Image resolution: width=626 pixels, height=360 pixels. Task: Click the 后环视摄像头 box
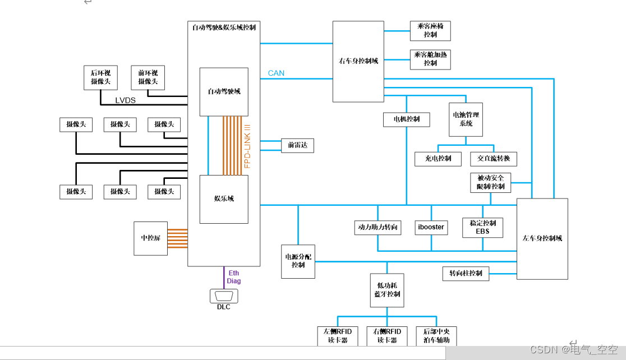pyautogui.click(x=100, y=77)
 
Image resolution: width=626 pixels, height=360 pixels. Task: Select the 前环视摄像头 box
pyautogui.click(x=148, y=77)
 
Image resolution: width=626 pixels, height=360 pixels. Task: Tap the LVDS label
pyautogui.click(x=126, y=100)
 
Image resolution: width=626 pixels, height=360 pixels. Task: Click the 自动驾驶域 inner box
pyautogui.click(x=224, y=91)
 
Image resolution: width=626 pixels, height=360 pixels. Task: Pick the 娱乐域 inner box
pyautogui.click(x=224, y=199)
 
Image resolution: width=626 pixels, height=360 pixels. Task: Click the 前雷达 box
pyautogui.click(x=297, y=145)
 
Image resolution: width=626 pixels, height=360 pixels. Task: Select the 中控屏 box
pyautogui.click(x=150, y=238)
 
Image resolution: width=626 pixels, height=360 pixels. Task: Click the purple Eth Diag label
pyautogui.click(x=234, y=277)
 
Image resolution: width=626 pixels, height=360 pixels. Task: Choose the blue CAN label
pyautogui.click(x=276, y=73)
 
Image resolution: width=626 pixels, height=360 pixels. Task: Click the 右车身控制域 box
pyautogui.click(x=358, y=61)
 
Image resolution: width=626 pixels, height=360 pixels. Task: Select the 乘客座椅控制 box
pyautogui.click(x=430, y=30)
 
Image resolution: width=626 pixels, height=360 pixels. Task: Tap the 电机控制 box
pyautogui.click(x=406, y=119)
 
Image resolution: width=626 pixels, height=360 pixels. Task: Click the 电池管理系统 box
pyautogui.click(x=466, y=119)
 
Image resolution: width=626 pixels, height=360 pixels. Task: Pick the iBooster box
pyautogui.click(x=431, y=227)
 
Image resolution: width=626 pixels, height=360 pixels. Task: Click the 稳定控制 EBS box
pyautogui.click(x=482, y=227)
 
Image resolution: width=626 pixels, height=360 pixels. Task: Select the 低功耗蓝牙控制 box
pyautogui.click(x=386, y=290)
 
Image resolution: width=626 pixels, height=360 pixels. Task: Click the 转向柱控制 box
pyautogui.click(x=466, y=274)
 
